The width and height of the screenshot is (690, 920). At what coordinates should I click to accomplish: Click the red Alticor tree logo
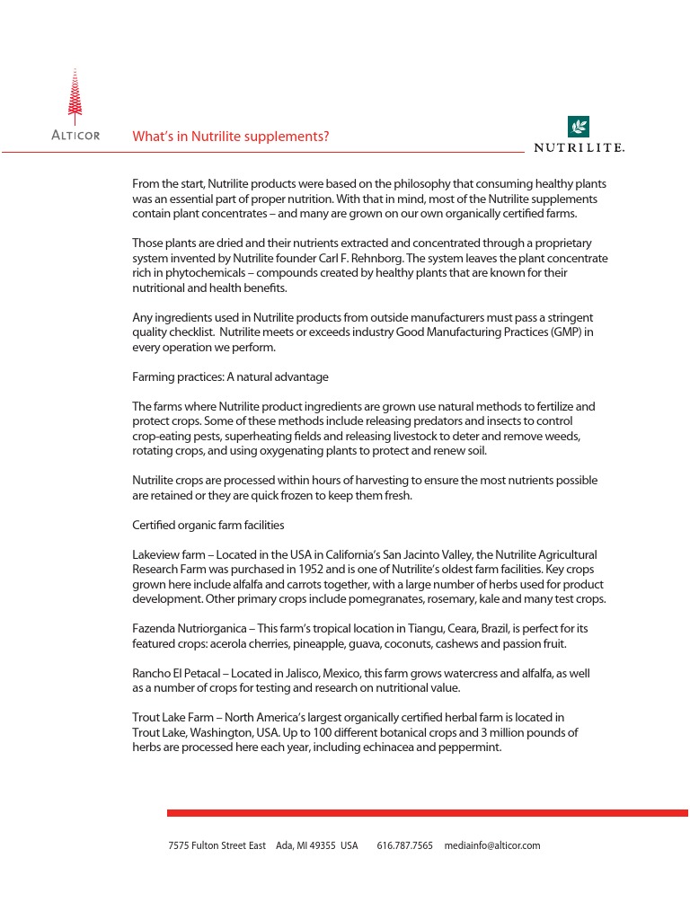(x=75, y=97)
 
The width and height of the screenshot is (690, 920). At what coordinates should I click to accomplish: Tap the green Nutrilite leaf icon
(x=579, y=126)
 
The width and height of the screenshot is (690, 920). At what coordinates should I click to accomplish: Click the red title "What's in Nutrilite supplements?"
(x=230, y=137)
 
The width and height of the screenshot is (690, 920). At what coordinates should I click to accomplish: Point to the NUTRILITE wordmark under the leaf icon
(x=579, y=147)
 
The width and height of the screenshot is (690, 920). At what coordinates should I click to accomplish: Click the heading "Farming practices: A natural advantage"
(x=230, y=376)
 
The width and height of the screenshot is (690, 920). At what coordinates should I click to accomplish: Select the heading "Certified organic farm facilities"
(x=208, y=525)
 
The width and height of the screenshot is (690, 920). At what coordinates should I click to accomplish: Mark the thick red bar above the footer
(x=427, y=813)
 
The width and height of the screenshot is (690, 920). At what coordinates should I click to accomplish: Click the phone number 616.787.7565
(x=404, y=845)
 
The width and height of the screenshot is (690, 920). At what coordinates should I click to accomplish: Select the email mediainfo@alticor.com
(x=491, y=845)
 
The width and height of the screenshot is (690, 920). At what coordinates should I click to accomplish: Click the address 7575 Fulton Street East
(x=217, y=845)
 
